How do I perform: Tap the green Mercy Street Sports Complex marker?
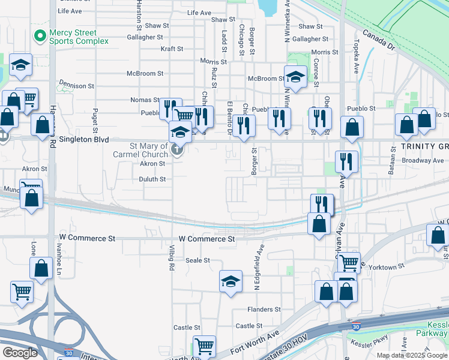tap(40, 36)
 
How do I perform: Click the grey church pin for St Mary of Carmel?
tap(177, 149)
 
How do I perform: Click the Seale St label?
tap(197, 260)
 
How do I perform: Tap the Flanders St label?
tap(264, 310)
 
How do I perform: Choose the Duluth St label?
tap(152, 179)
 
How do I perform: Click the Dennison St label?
tap(76, 86)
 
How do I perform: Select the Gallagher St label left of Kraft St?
tap(145, 37)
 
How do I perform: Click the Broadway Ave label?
tap(423, 161)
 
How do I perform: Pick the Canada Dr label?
tap(379, 40)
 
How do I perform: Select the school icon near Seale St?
tap(231, 281)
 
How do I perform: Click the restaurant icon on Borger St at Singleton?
tap(243, 124)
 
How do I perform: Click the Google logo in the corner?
tap(20, 352)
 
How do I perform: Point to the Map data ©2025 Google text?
tap(411, 355)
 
